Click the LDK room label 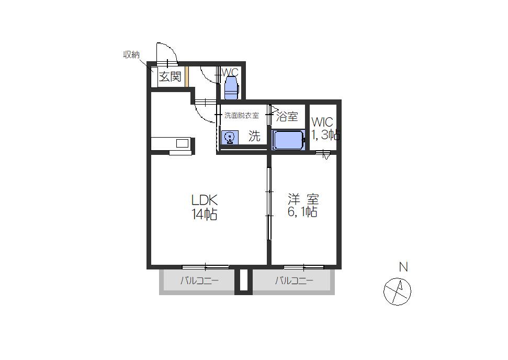204,200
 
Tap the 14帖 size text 204,214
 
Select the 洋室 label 303,199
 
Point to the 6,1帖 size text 302,212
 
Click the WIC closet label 322,122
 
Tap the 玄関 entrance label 170,76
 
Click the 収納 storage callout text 131,55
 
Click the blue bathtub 288,140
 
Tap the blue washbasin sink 230,138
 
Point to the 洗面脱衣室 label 242,115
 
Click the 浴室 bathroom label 287,117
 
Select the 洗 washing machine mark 254,136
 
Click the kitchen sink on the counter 182,143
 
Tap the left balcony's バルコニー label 199,280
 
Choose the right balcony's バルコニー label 294,280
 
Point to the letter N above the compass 403,267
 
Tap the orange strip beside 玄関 187,76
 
